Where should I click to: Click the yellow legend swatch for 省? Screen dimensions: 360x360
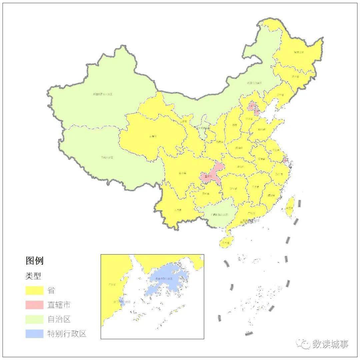coord(35,290)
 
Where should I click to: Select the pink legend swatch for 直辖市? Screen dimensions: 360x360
coord(35,305)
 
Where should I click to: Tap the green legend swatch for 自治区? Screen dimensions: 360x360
coord(35,319)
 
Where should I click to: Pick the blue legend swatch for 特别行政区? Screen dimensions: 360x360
coord(35,334)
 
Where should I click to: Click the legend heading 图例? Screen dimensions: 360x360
coord(35,260)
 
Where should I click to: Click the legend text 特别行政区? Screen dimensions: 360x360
coord(67,334)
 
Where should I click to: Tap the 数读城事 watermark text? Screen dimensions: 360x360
coord(330,344)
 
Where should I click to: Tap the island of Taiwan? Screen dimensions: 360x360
coord(290,207)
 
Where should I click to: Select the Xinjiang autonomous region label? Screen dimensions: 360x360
coord(102,94)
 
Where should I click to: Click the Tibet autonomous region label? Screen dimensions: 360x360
coord(107,157)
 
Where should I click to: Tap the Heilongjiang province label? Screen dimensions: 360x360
coord(298,52)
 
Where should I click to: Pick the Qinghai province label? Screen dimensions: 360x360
coord(153,136)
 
